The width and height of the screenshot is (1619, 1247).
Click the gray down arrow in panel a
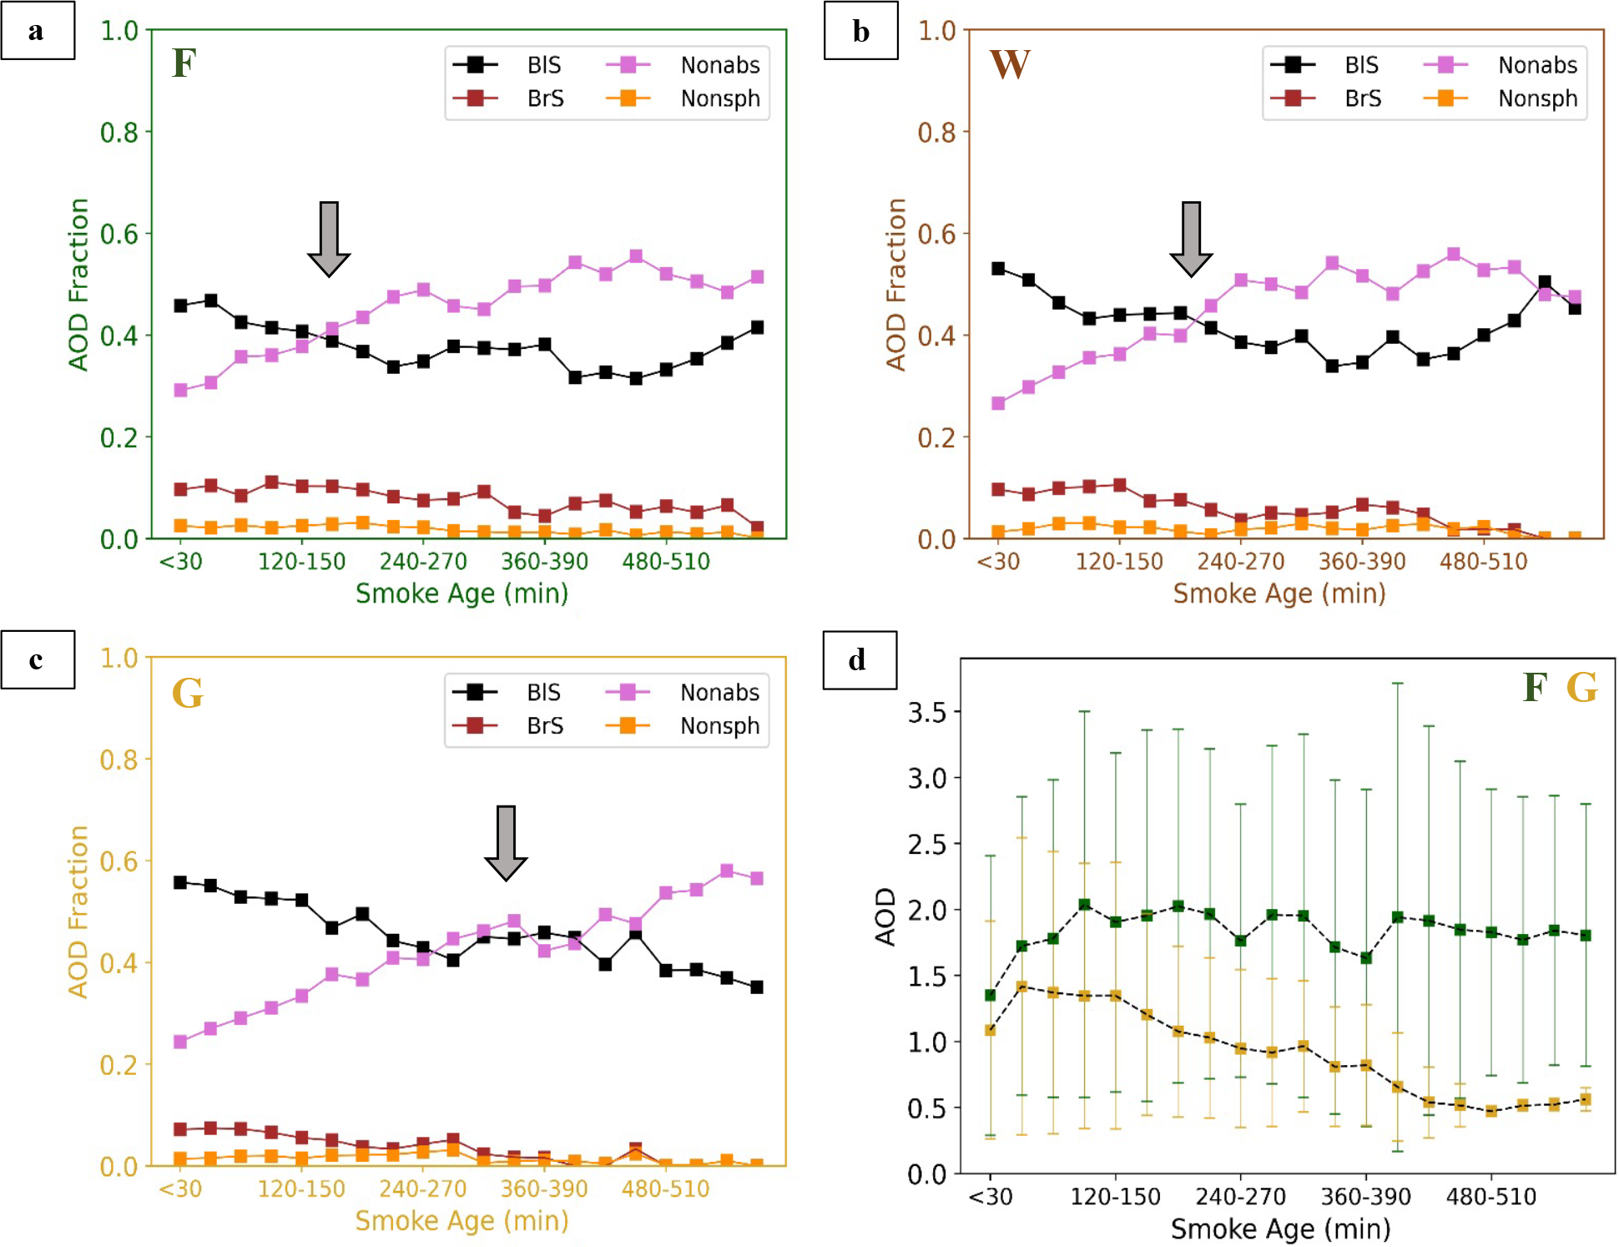pos(329,239)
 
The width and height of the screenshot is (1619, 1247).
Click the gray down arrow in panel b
pos(1191,239)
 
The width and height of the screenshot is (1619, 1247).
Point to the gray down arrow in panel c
pos(506,843)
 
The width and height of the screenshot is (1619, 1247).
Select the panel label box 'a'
pos(38,31)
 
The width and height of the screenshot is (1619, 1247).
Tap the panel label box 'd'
pos(860,660)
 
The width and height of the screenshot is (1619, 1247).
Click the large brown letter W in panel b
pos(1010,64)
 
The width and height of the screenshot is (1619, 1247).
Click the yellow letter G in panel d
pos(1581,688)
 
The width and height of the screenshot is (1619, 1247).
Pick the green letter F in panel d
pos(1535,688)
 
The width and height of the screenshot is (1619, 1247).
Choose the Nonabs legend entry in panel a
pos(683,65)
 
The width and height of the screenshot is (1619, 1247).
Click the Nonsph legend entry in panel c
pos(683,726)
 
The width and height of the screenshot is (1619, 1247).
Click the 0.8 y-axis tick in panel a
pos(119,132)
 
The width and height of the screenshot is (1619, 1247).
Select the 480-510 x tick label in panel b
pos(1483,562)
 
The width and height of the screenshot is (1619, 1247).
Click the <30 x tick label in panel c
pos(180,1189)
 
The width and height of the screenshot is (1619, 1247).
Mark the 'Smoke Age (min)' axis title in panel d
pos(1280,1229)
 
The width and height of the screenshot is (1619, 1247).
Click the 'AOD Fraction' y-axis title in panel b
pos(895,284)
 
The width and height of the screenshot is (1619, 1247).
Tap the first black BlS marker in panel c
pos(180,882)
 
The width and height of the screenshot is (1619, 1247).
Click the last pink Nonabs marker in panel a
pos(757,277)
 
